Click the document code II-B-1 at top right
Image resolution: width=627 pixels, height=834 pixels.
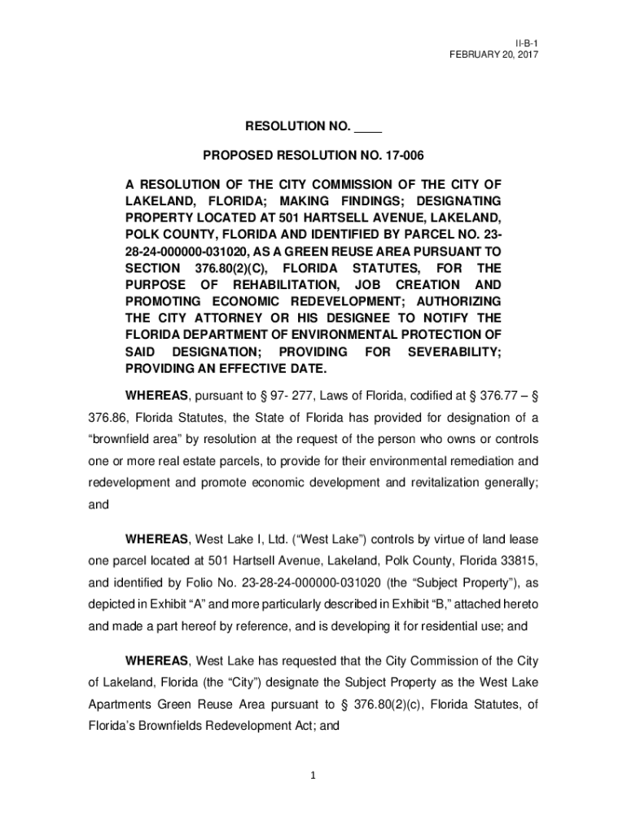[526, 41]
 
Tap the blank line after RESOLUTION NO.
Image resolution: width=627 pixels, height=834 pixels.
[369, 128]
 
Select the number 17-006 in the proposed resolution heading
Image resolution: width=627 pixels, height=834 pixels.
[404, 155]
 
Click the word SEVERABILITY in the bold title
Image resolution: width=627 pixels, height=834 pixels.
[454, 351]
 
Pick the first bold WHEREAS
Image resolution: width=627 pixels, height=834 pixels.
[156, 396]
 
